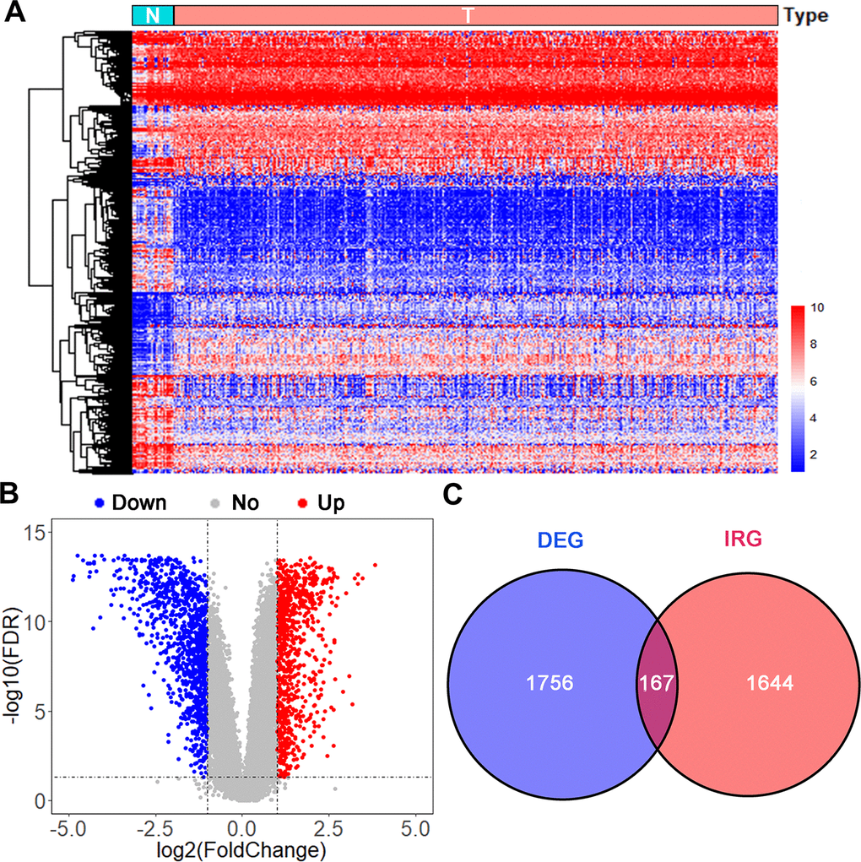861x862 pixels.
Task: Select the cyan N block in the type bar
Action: (153, 15)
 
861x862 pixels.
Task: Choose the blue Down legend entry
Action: (132, 503)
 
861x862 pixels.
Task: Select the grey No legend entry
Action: (239, 503)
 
